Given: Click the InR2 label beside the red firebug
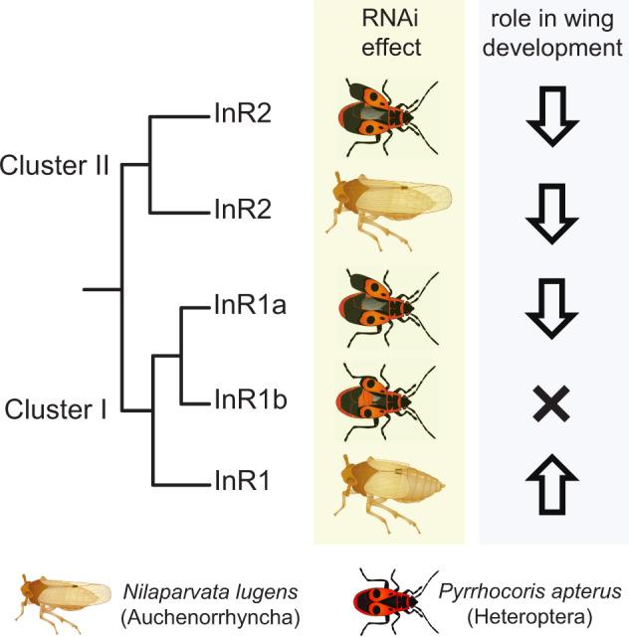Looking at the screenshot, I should tap(242, 115).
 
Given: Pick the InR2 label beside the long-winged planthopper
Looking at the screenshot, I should tap(242, 210).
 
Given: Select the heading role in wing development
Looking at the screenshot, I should tap(552, 36).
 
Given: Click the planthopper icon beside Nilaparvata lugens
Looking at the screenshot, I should tap(64, 602).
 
